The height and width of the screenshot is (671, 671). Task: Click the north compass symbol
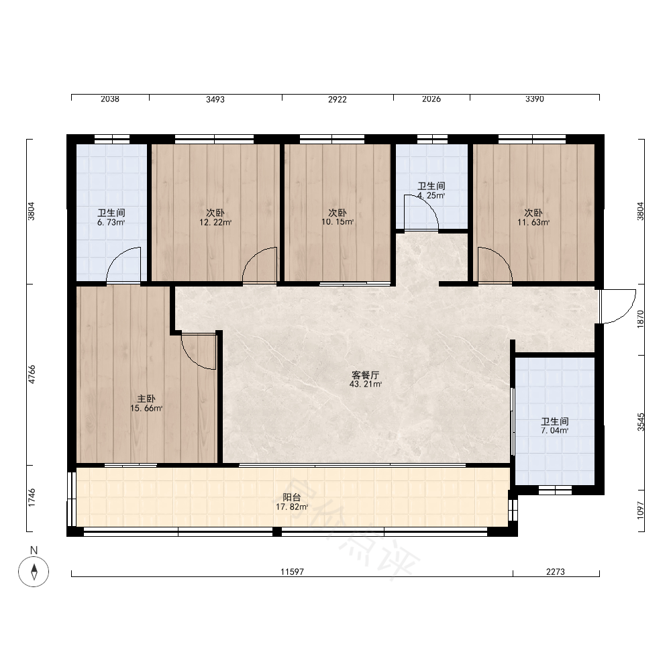34,571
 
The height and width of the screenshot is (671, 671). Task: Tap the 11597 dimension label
293,572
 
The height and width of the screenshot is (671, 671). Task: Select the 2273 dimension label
556,572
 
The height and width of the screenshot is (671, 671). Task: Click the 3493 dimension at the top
215,99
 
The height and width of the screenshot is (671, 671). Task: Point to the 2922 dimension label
338,99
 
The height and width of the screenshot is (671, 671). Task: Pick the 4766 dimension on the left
32,374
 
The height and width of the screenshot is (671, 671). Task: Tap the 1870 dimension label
640,319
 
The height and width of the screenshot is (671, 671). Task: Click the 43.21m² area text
366,384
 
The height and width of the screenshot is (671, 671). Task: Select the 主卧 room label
146,399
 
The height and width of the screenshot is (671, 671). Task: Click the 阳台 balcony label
292,497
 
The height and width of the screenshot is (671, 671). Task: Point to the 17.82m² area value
292,507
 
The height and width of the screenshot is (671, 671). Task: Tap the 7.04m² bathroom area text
555,431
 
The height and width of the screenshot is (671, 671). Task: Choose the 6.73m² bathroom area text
111,223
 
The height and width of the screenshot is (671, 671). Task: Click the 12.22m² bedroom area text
215,223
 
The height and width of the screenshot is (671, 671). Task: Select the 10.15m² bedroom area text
338,222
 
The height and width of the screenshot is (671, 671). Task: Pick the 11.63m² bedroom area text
533,223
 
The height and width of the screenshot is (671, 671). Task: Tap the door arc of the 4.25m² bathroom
429,206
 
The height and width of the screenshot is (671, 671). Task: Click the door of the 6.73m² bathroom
116,257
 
